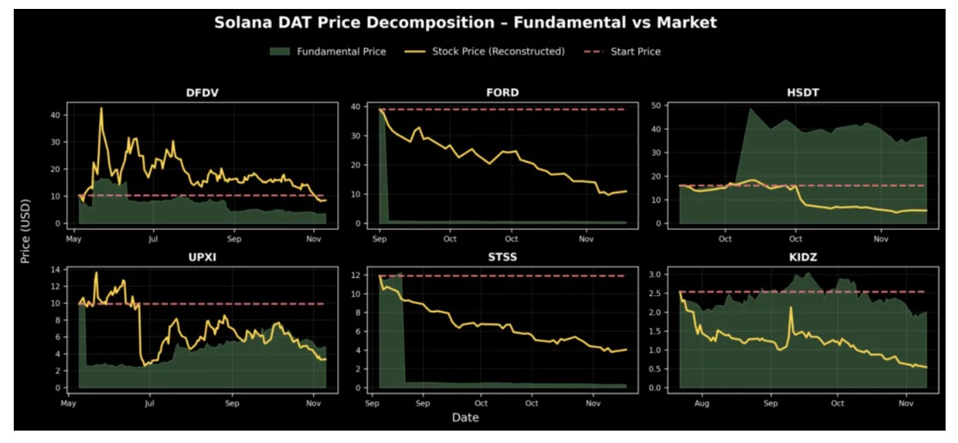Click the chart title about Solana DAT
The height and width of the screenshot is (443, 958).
tap(465, 23)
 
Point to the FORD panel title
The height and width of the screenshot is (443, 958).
tap(502, 93)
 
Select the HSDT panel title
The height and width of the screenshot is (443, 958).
tap(802, 93)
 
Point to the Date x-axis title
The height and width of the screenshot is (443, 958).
tap(465, 418)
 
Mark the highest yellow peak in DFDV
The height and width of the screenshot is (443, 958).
tap(101, 108)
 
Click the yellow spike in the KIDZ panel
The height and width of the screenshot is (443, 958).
tap(791, 307)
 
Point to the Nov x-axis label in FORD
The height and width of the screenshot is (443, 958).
tap(586, 239)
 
